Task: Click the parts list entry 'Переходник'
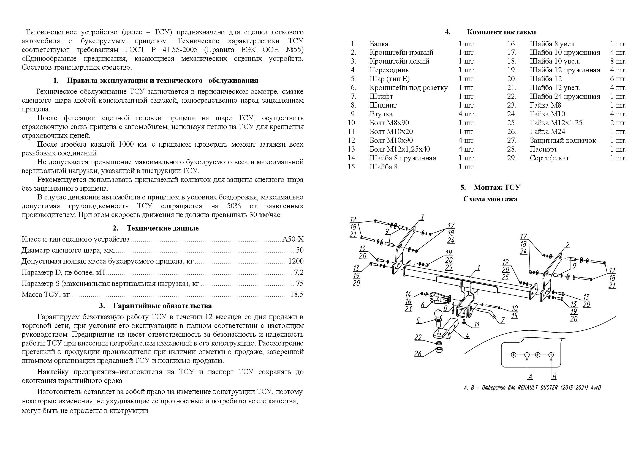click(x=389, y=70)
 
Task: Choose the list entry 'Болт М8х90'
click(x=389, y=123)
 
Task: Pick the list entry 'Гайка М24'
click(x=547, y=131)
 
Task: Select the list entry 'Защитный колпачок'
click(x=563, y=140)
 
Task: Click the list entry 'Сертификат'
click(x=549, y=158)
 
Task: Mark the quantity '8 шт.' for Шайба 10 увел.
click(x=618, y=61)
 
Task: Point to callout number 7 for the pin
click(x=503, y=320)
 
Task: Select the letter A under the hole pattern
click(x=530, y=377)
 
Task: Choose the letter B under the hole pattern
click(x=554, y=377)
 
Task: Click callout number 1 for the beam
click(x=479, y=268)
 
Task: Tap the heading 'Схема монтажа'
click(x=490, y=199)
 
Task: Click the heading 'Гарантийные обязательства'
click(x=162, y=306)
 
